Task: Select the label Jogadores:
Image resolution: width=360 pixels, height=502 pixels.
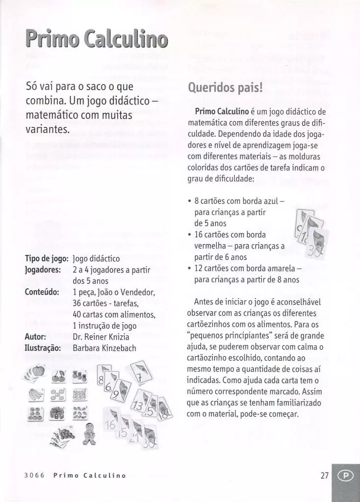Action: [43, 270]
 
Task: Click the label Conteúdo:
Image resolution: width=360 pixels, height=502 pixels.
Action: [42, 292]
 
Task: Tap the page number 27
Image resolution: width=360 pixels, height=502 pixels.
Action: [324, 476]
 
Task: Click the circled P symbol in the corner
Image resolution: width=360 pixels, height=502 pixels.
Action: [346, 476]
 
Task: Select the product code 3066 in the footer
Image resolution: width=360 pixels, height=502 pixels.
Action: [34, 476]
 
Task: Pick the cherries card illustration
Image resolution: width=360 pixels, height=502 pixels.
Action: [58, 376]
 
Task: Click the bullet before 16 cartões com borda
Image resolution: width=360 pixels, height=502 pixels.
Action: [189, 234]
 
